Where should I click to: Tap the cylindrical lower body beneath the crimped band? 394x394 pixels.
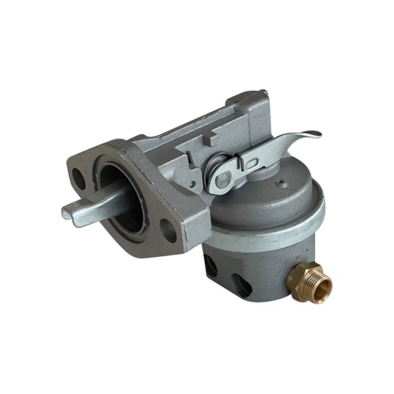[256, 270]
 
